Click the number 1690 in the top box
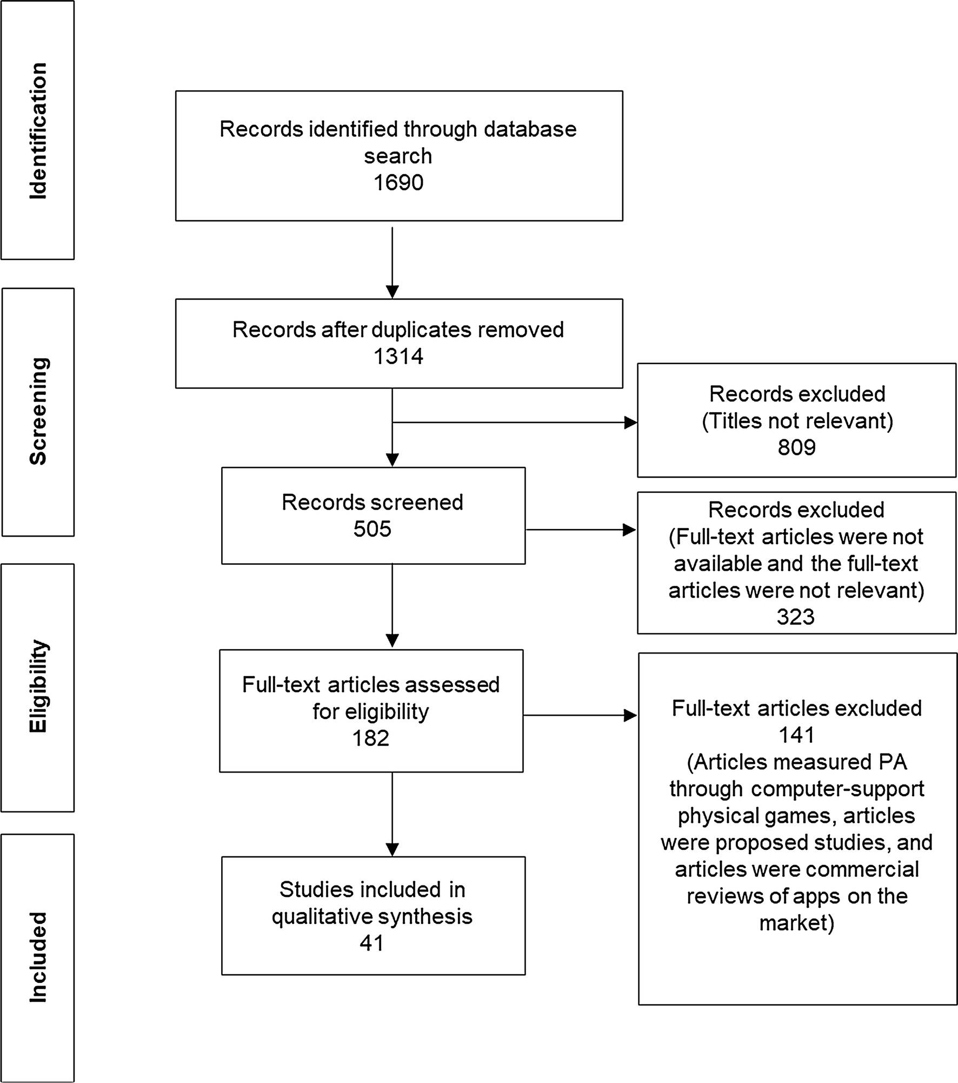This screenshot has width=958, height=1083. [398, 183]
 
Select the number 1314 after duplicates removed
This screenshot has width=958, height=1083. [398, 356]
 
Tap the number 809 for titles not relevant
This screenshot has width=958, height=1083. [796, 447]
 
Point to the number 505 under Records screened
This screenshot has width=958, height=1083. [372, 529]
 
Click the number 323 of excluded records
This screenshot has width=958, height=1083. [795, 617]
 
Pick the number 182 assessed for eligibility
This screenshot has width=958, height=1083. [370, 738]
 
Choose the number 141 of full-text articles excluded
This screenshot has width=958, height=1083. [796, 735]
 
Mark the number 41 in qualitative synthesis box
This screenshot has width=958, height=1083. [371, 943]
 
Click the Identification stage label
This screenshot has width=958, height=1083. [38, 130]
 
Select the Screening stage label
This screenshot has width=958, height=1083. [38, 411]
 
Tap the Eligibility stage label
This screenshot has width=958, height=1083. [38, 686]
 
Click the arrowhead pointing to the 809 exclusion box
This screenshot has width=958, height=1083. [630, 422]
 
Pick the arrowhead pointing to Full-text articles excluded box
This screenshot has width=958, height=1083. [630, 716]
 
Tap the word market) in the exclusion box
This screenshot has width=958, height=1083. [796, 922]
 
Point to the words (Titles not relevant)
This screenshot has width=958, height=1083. [797, 421]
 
